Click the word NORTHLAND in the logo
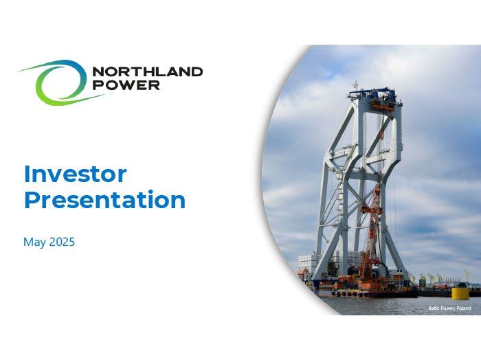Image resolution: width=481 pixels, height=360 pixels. click(148, 72)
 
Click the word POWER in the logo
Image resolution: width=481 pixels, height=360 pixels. click(126, 85)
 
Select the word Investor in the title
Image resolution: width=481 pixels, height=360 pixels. click(75, 175)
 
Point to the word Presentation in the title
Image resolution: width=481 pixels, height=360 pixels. click(105, 200)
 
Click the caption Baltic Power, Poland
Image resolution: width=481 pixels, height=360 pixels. click(449, 308)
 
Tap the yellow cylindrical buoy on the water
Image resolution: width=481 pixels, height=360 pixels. click(458, 293)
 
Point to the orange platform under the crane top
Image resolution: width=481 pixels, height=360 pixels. click(383, 106)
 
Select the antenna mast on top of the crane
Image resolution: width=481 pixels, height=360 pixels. click(356, 86)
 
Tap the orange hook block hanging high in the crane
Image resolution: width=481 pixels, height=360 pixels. click(382, 135)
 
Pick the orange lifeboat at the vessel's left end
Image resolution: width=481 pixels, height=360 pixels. click(302, 272)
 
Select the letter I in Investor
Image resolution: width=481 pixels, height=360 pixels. click(26, 175)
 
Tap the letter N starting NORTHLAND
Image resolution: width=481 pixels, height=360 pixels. click(98, 72)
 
